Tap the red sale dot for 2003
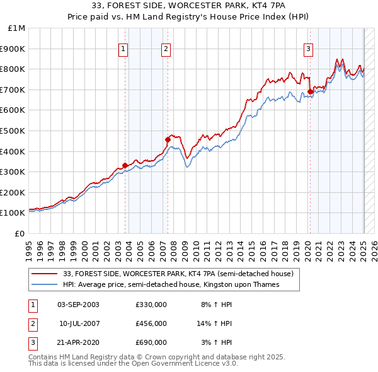tap(125, 165)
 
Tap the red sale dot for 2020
tap(311, 91)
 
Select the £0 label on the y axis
tap(20, 233)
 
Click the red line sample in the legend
tap(45, 274)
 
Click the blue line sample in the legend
tap(45, 284)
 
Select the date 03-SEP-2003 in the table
tap(78, 305)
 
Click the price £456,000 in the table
tap(151, 323)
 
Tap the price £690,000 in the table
tap(151, 342)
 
